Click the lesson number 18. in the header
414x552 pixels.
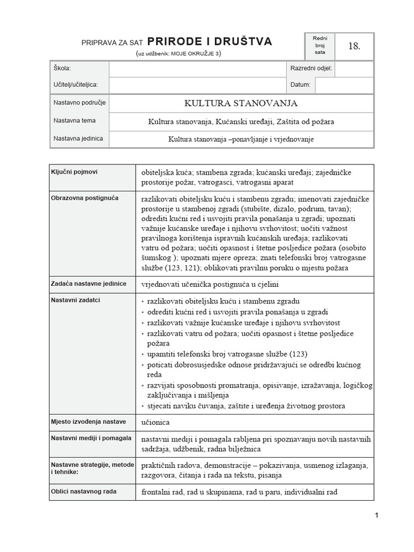[x=354, y=46]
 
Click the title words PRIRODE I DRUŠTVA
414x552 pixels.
[x=210, y=42]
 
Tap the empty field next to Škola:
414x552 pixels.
[x=197, y=69]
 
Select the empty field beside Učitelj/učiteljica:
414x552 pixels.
[x=197, y=85]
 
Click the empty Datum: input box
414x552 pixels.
[x=344, y=85]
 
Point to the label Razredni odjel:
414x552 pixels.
[x=312, y=69]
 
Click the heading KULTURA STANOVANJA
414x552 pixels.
[x=241, y=103]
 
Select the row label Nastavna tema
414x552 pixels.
[x=74, y=121]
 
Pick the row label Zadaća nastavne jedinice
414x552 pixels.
[x=88, y=284]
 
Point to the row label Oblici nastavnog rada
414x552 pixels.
[x=84, y=491]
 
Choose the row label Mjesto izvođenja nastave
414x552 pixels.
[x=88, y=422]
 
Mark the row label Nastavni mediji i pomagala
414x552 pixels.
[x=91, y=438]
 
